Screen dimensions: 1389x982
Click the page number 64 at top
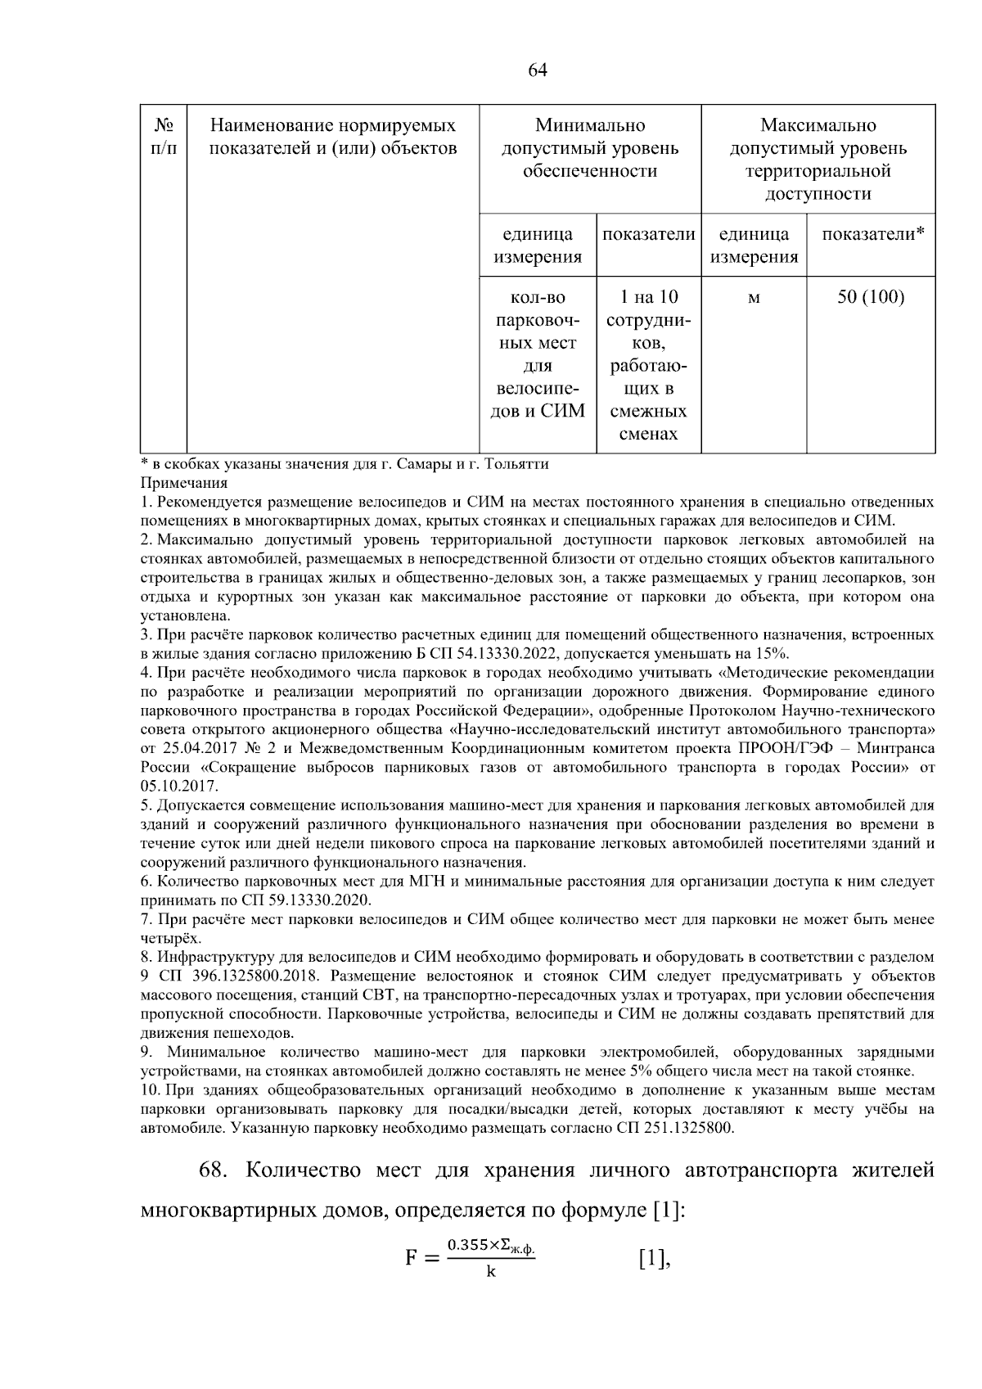(x=537, y=70)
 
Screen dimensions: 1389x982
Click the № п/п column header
(x=164, y=138)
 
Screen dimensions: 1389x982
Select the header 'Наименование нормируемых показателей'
(x=333, y=138)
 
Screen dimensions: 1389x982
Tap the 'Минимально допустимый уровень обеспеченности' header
(x=589, y=148)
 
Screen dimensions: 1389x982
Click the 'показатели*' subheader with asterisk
(x=872, y=234)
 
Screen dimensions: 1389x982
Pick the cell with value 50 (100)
(x=870, y=297)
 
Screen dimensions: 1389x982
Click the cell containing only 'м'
(x=753, y=298)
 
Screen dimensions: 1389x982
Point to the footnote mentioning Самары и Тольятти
(x=344, y=464)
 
